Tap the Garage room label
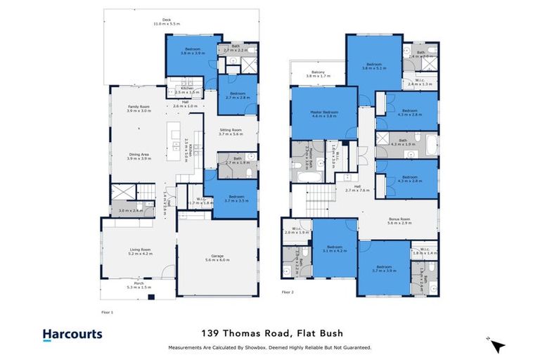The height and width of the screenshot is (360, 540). tap(216, 257)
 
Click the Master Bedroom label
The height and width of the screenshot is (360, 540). tap(324, 114)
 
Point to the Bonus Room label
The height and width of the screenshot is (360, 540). tap(399, 220)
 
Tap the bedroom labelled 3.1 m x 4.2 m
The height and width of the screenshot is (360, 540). tap(334, 248)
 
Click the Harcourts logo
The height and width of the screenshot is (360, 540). tap(72, 335)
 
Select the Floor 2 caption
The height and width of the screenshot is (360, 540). tap(288, 291)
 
